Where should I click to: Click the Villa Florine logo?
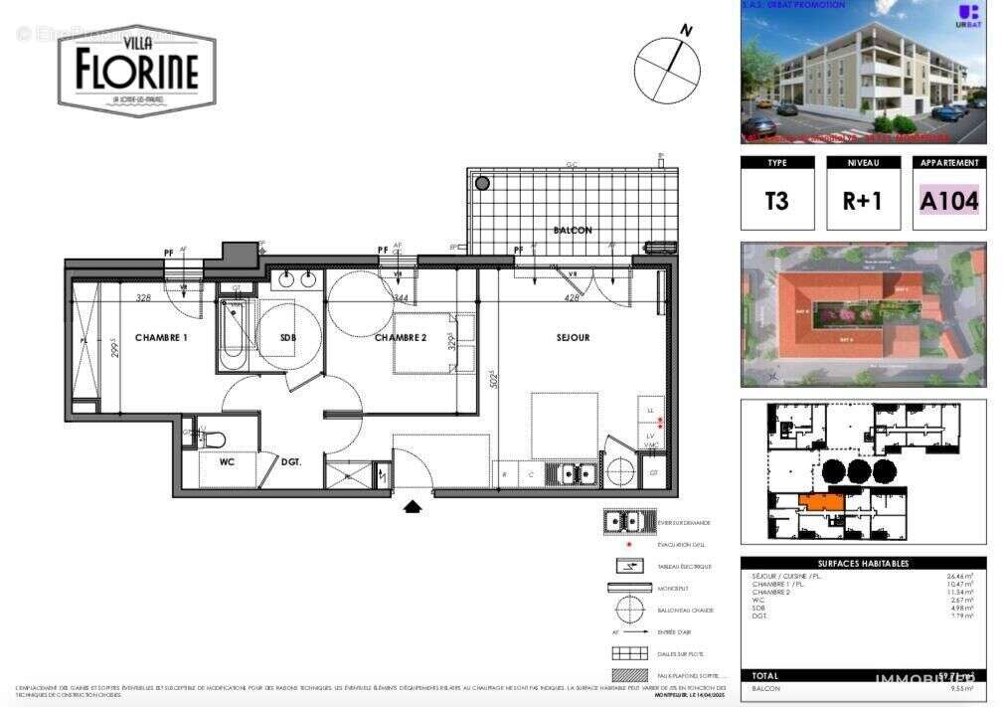click(137, 70)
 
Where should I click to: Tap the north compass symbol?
click(667, 71)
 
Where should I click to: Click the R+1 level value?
click(862, 200)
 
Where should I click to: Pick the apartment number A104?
click(948, 200)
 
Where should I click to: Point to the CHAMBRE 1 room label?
click(161, 338)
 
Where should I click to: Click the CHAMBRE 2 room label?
click(400, 338)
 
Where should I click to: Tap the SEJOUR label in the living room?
click(573, 338)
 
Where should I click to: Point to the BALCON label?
click(573, 231)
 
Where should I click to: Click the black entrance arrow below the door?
click(413, 506)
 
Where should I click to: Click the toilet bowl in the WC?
click(213, 439)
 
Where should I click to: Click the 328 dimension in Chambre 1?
click(143, 297)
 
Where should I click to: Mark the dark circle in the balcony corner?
click(482, 183)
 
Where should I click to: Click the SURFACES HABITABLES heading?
click(863, 564)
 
